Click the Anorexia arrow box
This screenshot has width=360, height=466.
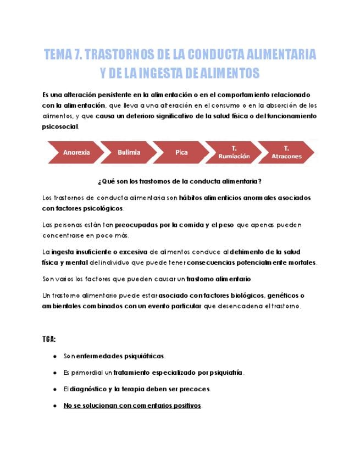click(x=76, y=152)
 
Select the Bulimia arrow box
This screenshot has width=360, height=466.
click(x=129, y=152)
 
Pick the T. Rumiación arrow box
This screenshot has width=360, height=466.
click(x=234, y=152)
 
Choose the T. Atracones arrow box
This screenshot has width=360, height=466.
click(x=286, y=152)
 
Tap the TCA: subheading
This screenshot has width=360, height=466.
click(x=49, y=339)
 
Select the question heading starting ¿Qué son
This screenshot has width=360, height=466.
click(x=180, y=181)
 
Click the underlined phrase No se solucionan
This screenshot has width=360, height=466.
click(x=90, y=406)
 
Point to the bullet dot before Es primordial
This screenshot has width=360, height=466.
click(x=55, y=373)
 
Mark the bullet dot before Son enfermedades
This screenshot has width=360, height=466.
click(x=55, y=356)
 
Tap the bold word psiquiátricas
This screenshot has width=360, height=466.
click(x=140, y=356)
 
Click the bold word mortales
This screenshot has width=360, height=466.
click(x=301, y=262)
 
